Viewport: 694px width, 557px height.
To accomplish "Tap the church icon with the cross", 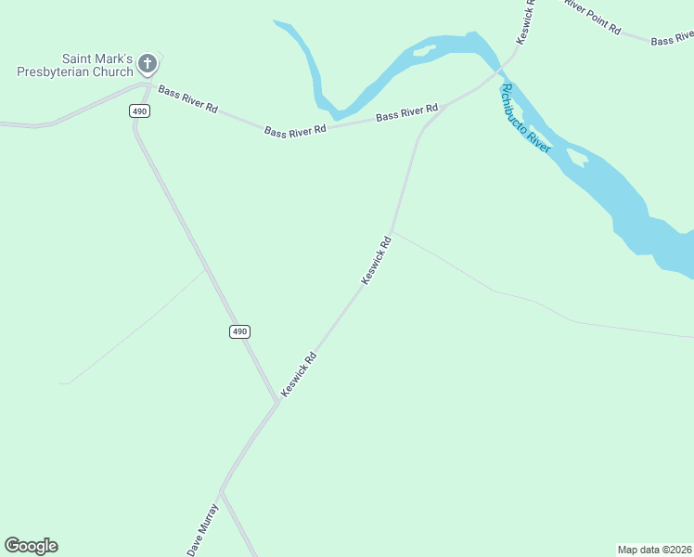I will pyautogui.click(x=147, y=64).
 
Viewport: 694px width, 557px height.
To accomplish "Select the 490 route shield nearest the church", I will pyautogui.click(x=139, y=110).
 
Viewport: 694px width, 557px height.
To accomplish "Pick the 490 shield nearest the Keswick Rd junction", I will pyautogui.click(x=239, y=331).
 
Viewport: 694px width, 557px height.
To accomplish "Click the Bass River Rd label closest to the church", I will pyautogui.click(x=187, y=99).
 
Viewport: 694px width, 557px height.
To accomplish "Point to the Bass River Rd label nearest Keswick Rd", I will pyautogui.click(x=406, y=114).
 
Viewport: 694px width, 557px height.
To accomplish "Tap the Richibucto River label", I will pyautogui.click(x=525, y=118).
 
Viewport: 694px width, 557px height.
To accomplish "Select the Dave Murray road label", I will pyautogui.click(x=202, y=529).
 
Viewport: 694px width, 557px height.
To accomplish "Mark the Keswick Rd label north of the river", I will pyautogui.click(x=526, y=17).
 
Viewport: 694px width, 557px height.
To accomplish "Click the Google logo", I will pyautogui.click(x=31, y=546).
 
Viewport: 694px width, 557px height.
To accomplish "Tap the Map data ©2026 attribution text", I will pyautogui.click(x=654, y=549).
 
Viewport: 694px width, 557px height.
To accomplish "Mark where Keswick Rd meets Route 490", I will pyautogui.click(x=277, y=402).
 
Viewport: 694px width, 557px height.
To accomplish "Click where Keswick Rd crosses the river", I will pyautogui.click(x=501, y=68).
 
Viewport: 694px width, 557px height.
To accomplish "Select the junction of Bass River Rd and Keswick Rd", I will pyautogui.click(x=445, y=104).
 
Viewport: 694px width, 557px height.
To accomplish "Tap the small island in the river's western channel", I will pyautogui.click(x=423, y=50).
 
